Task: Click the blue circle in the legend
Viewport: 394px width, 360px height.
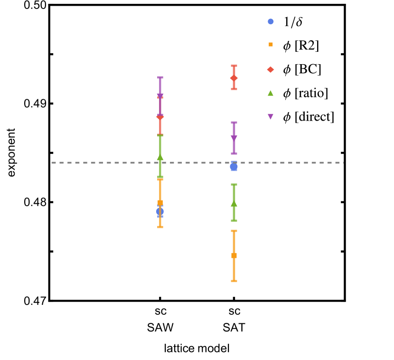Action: (271, 21)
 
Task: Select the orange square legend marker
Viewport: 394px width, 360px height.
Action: (271, 45)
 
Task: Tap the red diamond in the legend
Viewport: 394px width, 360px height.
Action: (271, 69)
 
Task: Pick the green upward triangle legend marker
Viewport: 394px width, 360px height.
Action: (271, 93)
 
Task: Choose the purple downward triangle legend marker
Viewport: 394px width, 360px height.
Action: (271, 116)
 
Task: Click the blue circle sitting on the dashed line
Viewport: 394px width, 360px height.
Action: (234, 167)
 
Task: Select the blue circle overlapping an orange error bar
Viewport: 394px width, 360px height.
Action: (160, 212)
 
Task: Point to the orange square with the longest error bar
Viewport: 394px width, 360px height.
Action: (234, 256)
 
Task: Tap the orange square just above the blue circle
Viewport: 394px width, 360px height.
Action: (160, 202)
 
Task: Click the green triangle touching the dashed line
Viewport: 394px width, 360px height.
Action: (160, 157)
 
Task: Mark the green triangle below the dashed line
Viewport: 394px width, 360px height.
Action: (234, 204)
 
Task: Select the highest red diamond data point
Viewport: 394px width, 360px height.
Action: (234, 78)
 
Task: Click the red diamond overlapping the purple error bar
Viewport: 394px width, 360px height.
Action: (160, 117)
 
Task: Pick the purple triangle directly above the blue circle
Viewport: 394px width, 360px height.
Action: (234, 138)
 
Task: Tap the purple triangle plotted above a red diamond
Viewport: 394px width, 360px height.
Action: (160, 96)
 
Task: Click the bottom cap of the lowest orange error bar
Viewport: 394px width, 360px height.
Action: (234, 281)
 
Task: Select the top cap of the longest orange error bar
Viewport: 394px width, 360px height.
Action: (234, 231)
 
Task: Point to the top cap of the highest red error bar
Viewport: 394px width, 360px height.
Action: (234, 66)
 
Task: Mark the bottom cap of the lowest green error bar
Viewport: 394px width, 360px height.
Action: (234, 220)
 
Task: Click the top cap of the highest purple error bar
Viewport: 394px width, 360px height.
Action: (160, 77)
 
